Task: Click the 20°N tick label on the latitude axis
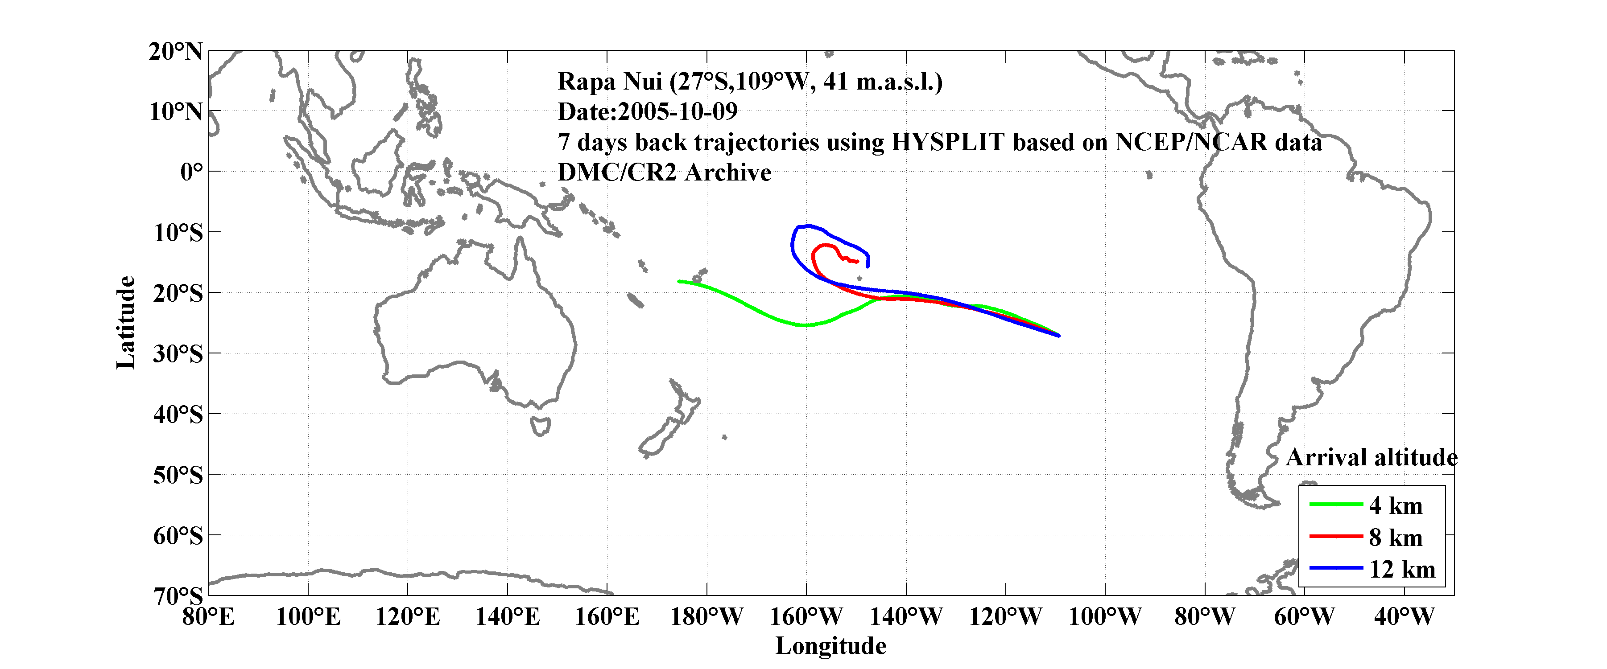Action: click(175, 52)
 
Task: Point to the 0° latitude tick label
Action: click(191, 172)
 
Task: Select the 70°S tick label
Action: click(178, 596)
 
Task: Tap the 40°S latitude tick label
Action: click(178, 414)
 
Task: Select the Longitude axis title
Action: click(830, 646)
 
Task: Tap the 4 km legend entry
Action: click(1396, 505)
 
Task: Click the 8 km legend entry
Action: click(1396, 538)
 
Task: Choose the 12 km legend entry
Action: click(1402, 569)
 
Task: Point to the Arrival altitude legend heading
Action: click(1371, 458)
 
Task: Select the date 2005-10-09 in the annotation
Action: click(678, 111)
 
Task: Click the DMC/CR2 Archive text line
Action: click(665, 172)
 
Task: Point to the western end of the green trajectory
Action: click(679, 281)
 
